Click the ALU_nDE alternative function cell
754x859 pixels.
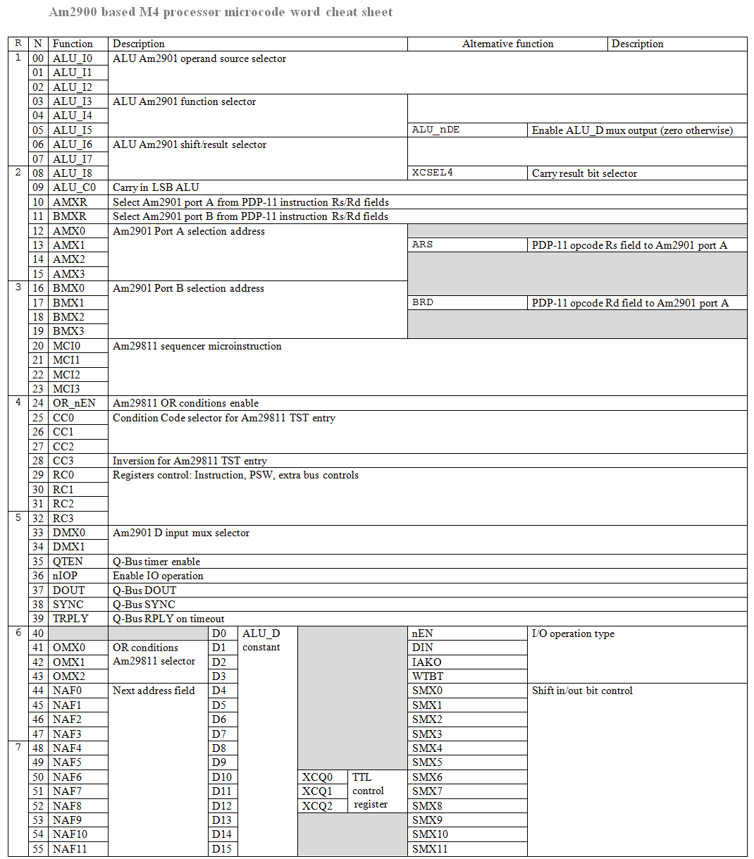pyautogui.click(x=436, y=130)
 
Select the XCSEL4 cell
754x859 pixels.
pyautogui.click(x=433, y=173)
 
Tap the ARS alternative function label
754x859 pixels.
pyautogui.click(x=423, y=245)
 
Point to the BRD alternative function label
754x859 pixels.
pyautogui.click(x=423, y=302)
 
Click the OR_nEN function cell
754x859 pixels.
pyautogui.click(x=74, y=403)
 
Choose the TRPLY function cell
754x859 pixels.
pyautogui.click(x=70, y=619)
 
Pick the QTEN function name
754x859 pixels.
pyautogui.click(x=68, y=562)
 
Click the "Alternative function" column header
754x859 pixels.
pyautogui.click(x=507, y=44)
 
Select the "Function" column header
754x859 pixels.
pyautogui.click(x=73, y=44)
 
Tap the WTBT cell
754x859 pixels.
pyautogui.click(x=428, y=676)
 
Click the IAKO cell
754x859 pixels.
pyautogui.click(x=427, y=662)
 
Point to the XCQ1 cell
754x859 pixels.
pyautogui.click(x=317, y=791)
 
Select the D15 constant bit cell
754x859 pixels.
pyautogui.click(x=221, y=849)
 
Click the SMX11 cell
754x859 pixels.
pyautogui.click(x=430, y=849)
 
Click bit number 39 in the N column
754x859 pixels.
pyautogui.click(x=38, y=619)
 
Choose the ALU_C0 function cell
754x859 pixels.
pyautogui.click(x=74, y=187)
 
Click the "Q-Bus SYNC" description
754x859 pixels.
pyautogui.click(x=144, y=605)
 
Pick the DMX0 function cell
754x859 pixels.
pyautogui.click(x=69, y=533)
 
